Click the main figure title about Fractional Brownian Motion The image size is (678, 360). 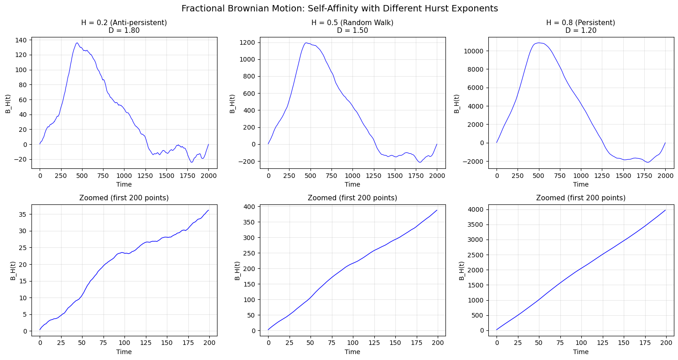[x=339, y=9]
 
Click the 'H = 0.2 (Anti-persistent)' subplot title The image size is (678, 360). [x=124, y=23]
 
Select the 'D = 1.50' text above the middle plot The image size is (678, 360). [x=352, y=31]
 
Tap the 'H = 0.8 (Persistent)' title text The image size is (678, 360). [x=580, y=23]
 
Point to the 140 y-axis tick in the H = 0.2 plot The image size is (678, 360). [x=22, y=40]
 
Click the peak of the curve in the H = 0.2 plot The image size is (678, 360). [x=77, y=43]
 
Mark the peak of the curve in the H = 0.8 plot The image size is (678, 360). [x=539, y=43]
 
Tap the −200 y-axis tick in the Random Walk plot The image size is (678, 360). [x=247, y=162]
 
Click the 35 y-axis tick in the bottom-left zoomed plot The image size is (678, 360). [x=24, y=214]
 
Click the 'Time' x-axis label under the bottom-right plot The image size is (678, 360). [x=580, y=352]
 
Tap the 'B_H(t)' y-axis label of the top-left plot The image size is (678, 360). [x=8, y=104]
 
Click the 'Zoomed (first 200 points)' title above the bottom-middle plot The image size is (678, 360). [x=352, y=198]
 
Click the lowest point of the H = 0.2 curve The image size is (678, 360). [x=191, y=162]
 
